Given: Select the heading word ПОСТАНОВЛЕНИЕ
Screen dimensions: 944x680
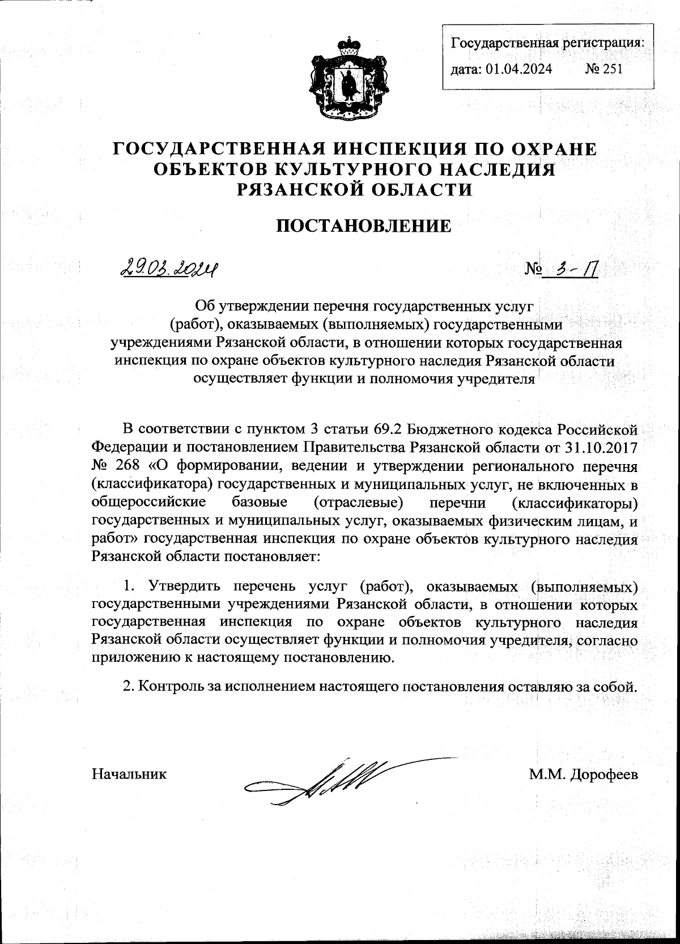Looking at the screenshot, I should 364,226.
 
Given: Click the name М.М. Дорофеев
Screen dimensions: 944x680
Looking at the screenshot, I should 584,774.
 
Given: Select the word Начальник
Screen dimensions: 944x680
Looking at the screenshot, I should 129,774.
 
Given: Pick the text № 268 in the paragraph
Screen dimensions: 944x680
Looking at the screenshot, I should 116,466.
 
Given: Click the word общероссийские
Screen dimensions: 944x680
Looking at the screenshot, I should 148,501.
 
